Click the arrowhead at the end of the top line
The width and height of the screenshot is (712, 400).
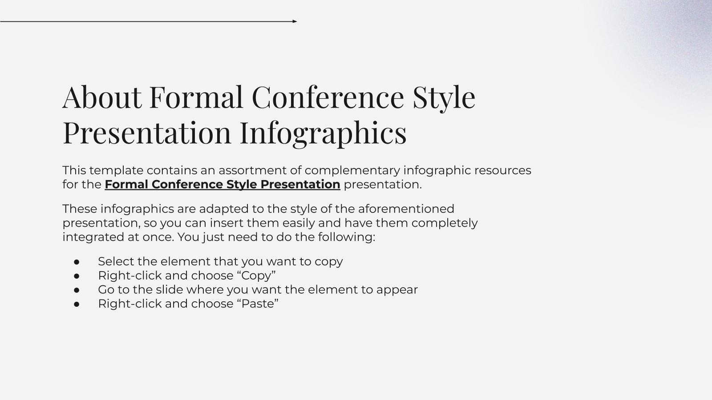coord(295,21)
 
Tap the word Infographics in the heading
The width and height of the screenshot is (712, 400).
coord(323,132)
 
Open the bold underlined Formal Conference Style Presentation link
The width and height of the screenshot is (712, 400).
coord(222,184)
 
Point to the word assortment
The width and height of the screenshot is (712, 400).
coord(252,170)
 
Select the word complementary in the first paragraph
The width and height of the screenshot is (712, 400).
coord(352,170)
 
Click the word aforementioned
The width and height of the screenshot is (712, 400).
coord(406,209)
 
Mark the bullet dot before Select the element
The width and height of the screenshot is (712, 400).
coord(77,262)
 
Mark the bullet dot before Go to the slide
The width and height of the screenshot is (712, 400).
coord(77,290)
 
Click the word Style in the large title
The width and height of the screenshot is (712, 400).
coord(444,97)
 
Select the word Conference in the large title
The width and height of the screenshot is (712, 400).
coord(328,97)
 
